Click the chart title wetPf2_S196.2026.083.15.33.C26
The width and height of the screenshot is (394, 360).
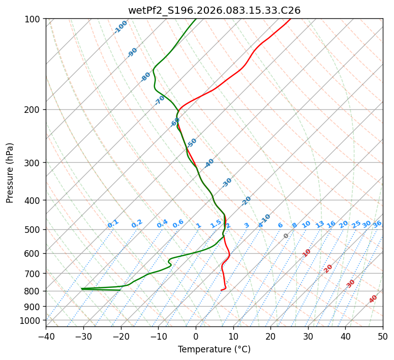tap(214, 10)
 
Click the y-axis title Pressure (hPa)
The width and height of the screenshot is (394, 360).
tap(10, 172)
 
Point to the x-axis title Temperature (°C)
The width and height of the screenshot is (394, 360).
tap(214, 349)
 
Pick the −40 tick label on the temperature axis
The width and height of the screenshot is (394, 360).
tap(46, 336)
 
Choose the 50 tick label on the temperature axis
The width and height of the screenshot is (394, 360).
tap(383, 336)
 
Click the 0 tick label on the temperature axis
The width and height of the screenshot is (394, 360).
tap(196, 336)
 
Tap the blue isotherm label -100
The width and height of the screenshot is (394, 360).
tap(121, 27)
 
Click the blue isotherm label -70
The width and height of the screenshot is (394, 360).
tap(160, 100)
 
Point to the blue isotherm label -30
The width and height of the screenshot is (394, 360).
tap(227, 183)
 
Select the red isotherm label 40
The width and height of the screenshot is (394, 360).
tap(373, 299)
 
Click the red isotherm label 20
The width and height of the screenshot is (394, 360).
tap(328, 268)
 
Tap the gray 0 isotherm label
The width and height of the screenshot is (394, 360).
tap(286, 236)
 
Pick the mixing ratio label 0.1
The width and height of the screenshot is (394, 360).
tap(113, 224)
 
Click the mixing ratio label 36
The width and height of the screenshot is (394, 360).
tap(377, 224)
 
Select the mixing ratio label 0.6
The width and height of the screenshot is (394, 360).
tap(178, 224)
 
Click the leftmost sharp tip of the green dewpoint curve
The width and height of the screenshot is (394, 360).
tap(81, 289)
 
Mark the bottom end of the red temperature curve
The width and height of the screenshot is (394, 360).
tap(221, 290)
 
